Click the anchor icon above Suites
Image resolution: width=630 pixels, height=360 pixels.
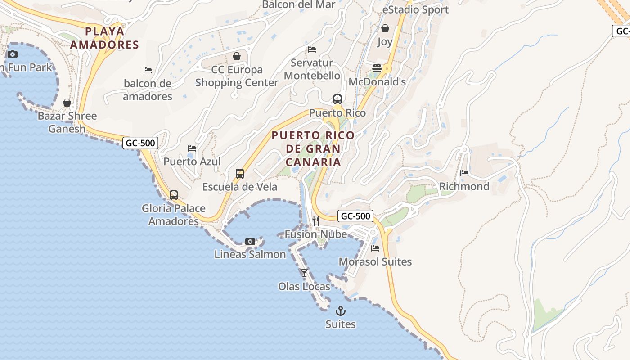(341, 311)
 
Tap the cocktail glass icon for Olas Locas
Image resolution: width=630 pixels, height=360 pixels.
(304, 273)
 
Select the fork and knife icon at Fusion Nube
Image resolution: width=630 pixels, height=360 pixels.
(316, 220)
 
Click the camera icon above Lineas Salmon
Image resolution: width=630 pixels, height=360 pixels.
(250, 241)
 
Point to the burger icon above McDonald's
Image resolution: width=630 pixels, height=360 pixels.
(377, 68)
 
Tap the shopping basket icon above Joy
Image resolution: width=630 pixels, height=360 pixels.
(385, 28)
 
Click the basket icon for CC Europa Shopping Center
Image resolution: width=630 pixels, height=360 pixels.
(236, 56)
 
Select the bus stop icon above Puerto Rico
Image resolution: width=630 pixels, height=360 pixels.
(337, 99)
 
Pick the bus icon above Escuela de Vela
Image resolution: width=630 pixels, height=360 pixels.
(240, 174)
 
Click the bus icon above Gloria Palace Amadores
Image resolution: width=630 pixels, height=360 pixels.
(174, 195)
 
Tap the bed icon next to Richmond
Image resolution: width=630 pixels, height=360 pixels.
(464, 173)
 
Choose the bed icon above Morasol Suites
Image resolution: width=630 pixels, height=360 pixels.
(375, 248)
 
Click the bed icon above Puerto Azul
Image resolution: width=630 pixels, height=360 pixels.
(192, 148)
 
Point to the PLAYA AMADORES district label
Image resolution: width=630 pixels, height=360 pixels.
(104, 38)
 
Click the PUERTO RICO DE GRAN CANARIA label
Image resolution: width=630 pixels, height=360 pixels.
(313, 148)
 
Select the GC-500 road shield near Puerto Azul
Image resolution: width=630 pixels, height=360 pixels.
(140, 143)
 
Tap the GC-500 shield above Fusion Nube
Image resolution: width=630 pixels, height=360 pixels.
(355, 216)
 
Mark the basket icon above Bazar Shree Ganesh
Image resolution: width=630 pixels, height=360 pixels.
(67, 103)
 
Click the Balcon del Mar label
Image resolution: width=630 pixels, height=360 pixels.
(299, 4)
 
